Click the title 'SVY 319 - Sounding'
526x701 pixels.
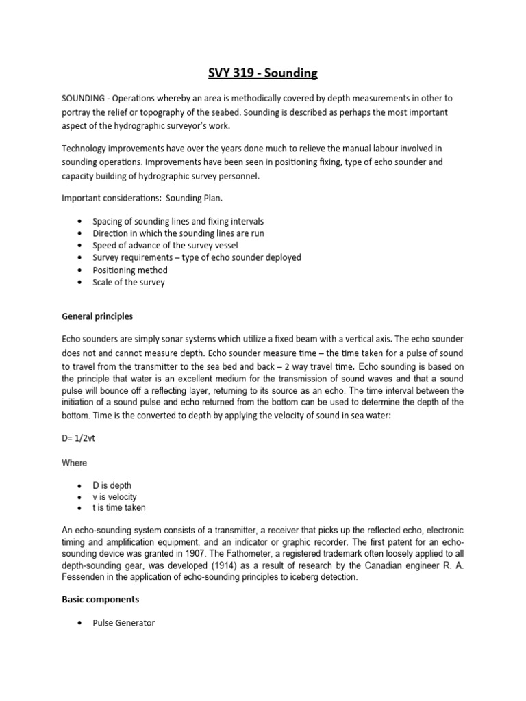coord(263,72)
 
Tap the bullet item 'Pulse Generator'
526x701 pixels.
coord(124,623)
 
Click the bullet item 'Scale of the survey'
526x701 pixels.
coord(129,282)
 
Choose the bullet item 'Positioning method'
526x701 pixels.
coord(130,270)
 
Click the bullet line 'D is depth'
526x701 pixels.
coord(112,485)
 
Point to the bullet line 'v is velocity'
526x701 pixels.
coord(114,496)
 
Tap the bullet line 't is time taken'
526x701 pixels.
coord(119,507)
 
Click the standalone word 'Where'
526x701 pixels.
coord(75,462)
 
